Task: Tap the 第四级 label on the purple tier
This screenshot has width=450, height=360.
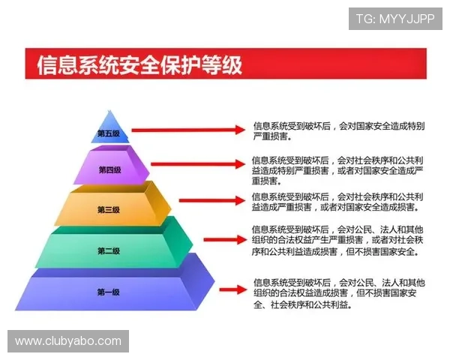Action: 109,170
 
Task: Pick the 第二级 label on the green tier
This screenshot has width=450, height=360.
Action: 108,250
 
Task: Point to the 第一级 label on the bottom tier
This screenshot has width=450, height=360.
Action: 108,292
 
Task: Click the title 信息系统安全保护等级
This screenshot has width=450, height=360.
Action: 140,65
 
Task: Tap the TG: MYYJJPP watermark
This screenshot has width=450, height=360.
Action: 395,18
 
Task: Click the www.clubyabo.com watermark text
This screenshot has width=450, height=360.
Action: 68,341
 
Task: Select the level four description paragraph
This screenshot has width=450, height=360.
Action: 337,170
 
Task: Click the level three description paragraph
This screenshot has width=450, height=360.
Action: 337,202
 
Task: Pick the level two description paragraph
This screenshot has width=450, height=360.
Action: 337,240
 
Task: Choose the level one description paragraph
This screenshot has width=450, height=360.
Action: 337,293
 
